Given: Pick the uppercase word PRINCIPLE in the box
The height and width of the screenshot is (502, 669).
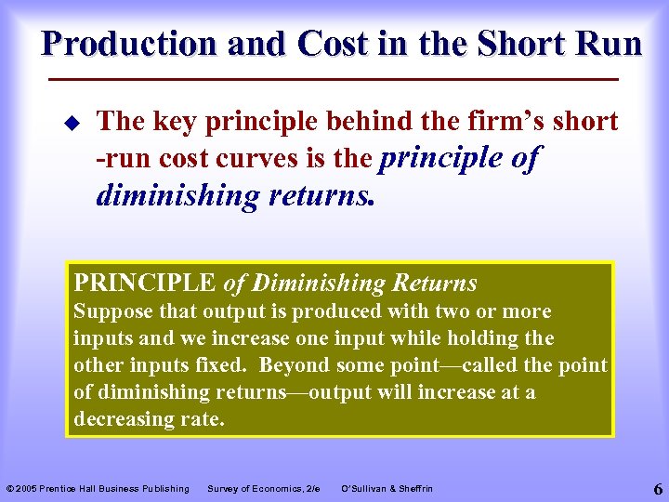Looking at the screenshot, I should point(145,283).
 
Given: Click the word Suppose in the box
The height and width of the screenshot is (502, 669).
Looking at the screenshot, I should point(111,311).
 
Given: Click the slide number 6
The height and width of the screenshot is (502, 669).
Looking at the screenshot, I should point(657,488).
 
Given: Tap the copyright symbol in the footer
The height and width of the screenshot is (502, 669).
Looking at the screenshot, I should point(10,489).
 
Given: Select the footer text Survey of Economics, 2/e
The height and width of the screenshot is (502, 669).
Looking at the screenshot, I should point(263,489).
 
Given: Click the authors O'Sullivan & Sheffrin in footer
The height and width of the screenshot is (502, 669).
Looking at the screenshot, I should point(387,489).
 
